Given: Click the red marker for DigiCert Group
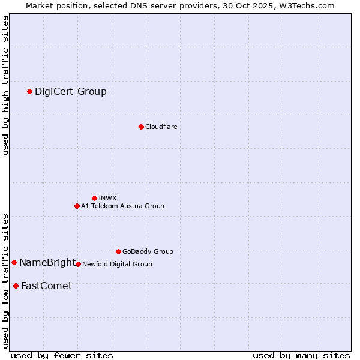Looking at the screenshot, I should click(x=29, y=91).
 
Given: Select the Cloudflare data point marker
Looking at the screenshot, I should click(x=141, y=127).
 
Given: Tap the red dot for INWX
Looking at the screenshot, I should click(x=94, y=198).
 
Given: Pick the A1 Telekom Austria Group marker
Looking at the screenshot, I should click(x=77, y=206).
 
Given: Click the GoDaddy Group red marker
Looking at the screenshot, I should click(x=118, y=251).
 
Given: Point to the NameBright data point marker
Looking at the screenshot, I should click(x=14, y=262).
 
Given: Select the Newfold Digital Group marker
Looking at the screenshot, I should click(x=78, y=264).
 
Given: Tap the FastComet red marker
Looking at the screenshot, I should click(x=16, y=286).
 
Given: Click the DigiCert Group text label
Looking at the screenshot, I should click(x=71, y=91).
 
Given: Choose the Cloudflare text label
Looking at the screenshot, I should click(x=161, y=127).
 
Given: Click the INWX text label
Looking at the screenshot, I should click(x=107, y=198).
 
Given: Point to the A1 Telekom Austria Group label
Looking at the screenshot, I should click(x=122, y=206).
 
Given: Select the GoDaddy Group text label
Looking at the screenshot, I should click(x=148, y=251).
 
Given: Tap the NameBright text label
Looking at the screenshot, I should click(x=47, y=262).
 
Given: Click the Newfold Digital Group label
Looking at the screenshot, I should click(x=117, y=264).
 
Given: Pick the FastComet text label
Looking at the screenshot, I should click(x=46, y=286).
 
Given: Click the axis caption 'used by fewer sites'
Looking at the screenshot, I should click(x=62, y=355).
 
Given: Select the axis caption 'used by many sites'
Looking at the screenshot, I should click(x=301, y=355).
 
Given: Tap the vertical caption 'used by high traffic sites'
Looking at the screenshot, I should click(x=5, y=85).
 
